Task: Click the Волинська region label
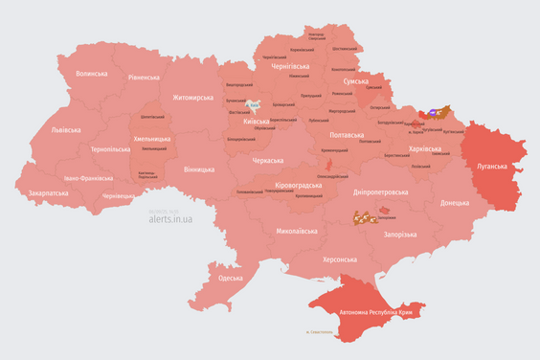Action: tap(93, 73)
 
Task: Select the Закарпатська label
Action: tap(48, 192)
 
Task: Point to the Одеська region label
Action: tap(231, 278)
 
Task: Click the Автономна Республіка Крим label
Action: tap(371, 313)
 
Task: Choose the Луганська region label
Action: tap(494, 166)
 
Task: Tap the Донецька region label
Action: tap(455, 203)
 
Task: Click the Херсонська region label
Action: tap(340, 259)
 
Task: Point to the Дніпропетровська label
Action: tap(380, 191)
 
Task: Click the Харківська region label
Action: tap(418, 149)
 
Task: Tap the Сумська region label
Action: tap(355, 82)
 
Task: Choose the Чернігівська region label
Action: tap(285, 66)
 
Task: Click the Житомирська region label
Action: tap(191, 97)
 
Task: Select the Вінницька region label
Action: tap(198, 169)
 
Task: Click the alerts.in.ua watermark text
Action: tap(170, 218)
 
